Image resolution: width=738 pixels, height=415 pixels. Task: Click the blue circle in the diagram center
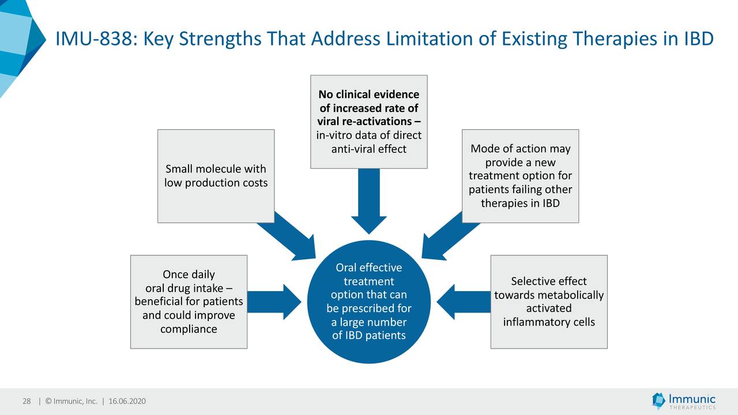point(368,301)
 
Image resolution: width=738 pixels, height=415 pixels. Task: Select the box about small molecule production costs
point(216,176)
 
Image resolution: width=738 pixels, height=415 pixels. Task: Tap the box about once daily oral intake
point(189,301)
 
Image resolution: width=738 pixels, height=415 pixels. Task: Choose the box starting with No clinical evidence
point(368,122)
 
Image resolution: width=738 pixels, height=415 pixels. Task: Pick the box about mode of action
point(520,176)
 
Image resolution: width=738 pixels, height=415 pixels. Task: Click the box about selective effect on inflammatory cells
point(549,301)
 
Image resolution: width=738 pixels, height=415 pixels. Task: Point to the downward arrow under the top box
point(368,201)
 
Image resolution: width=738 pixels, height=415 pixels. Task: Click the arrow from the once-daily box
point(274,301)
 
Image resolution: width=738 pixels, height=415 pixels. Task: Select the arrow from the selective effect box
point(464,301)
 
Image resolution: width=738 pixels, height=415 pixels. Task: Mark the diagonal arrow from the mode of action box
point(450,236)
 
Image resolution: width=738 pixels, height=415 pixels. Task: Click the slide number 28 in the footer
point(27,401)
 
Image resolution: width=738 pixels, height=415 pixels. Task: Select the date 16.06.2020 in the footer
point(127,401)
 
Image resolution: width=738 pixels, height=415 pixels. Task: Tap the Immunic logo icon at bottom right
point(658,401)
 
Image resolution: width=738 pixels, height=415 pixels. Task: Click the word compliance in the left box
point(189,329)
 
